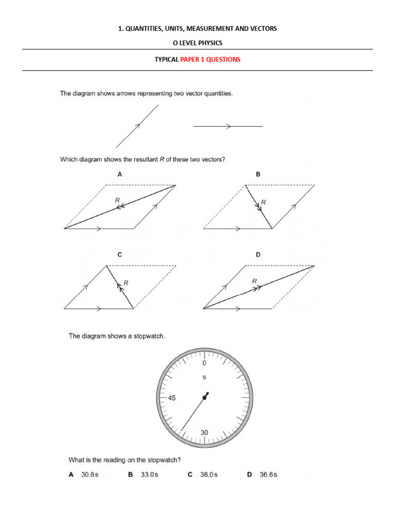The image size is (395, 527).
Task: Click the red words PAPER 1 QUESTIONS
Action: (x=210, y=59)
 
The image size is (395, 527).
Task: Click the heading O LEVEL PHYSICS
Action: (x=197, y=43)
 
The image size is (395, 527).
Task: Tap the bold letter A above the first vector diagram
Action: (x=120, y=174)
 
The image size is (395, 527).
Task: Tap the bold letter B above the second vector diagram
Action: (x=258, y=174)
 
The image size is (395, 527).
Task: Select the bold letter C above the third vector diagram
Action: (x=120, y=255)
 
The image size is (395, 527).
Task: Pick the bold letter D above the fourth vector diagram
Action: (x=258, y=255)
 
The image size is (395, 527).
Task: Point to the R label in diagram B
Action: (x=263, y=203)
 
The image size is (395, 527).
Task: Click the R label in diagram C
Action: (x=126, y=283)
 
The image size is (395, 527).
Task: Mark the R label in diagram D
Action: (x=254, y=281)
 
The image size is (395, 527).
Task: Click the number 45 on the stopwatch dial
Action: (x=172, y=398)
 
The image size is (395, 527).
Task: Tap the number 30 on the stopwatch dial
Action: (x=204, y=433)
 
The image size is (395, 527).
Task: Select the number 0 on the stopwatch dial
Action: (x=204, y=363)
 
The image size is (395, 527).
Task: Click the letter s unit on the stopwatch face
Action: (x=204, y=377)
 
